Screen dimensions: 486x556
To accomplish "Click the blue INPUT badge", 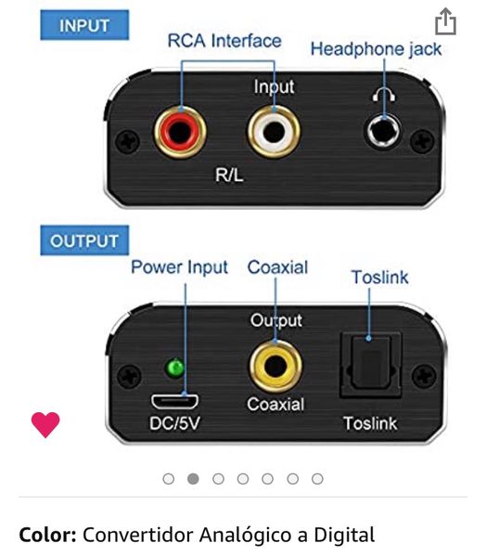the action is point(84,25).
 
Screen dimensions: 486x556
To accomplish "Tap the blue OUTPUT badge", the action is point(84,240).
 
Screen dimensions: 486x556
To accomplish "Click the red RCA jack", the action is point(180,132).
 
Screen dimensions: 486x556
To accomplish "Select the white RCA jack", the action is point(274,132).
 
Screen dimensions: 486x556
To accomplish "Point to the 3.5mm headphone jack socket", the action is point(384,132).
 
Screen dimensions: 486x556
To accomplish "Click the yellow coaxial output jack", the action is point(275,367).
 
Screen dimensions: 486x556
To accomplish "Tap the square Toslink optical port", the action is point(370,365).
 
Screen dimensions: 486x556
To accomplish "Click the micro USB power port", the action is point(174,401).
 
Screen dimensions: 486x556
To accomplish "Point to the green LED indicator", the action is point(175,369).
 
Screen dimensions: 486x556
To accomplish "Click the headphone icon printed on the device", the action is point(384,95).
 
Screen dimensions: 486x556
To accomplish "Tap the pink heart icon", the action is point(45,424).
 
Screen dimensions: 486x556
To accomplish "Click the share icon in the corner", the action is point(445,21).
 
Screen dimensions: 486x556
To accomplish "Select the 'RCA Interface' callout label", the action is point(224,41).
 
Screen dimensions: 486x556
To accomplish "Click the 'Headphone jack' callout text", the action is point(377,49).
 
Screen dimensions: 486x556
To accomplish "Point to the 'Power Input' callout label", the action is point(179,267).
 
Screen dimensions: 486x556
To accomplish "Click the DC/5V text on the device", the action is point(174,423).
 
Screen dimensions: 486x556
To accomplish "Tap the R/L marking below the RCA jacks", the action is point(229,175).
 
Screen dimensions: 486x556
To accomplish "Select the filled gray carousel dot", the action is point(193,479).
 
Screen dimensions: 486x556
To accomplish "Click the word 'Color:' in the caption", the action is point(47,535).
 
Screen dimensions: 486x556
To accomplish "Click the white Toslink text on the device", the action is point(370,423).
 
